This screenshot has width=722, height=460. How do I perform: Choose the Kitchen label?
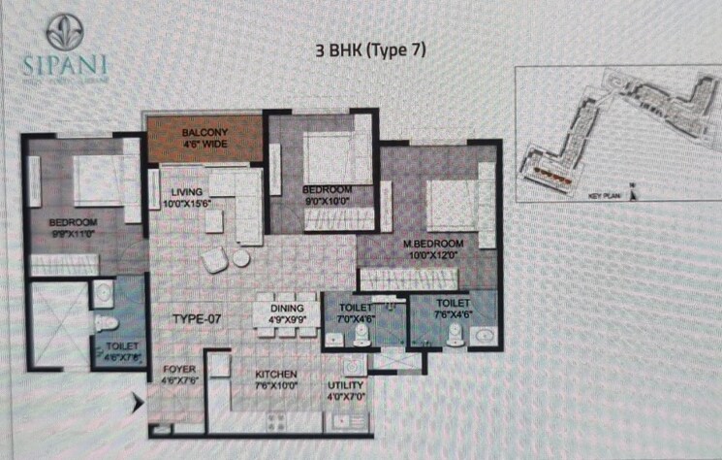click(x=276, y=375)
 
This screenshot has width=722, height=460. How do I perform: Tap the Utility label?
click(x=346, y=385)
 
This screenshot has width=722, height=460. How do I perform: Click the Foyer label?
click(x=179, y=369)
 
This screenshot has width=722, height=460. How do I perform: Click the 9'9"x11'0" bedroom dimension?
click(x=73, y=234)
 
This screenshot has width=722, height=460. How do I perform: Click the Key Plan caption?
click(x=603, y=195)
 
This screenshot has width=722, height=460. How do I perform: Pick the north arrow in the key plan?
click(x=632, y=191)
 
